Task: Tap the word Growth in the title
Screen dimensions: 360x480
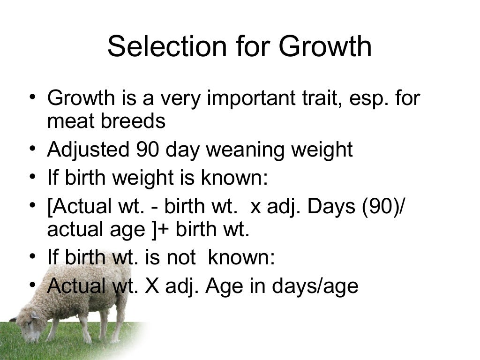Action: tap(325, 46)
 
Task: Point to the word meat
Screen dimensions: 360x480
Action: tap(70, 121)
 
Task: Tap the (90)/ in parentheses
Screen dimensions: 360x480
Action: tap(385, 207)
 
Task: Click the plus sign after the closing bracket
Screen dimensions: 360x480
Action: tap(165, 230)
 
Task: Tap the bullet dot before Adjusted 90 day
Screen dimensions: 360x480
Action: tap(32, 149)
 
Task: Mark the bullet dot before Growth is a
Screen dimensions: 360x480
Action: tap(32, 97)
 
